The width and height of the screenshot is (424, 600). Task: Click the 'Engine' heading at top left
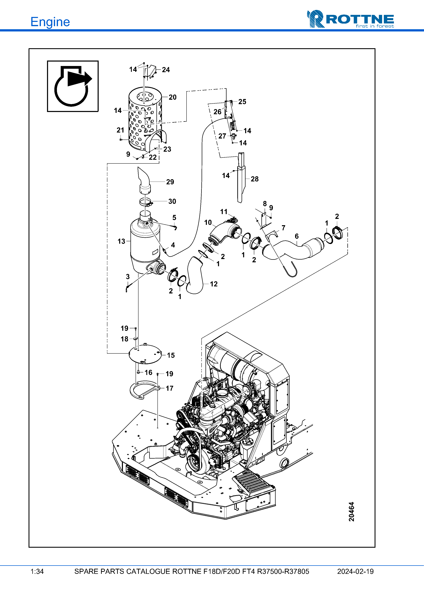click(x=50, y=22)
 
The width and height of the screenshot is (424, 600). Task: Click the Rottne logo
click(x=350, y=19)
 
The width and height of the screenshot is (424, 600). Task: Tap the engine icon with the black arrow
click(x=73, y=86)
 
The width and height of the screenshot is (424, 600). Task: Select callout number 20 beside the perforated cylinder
click(x=173, y=97)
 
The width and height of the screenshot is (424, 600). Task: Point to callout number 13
click(x=121, y=241)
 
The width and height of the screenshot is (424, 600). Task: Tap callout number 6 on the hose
click(x=296, y=236)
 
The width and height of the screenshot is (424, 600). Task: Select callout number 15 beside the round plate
click(x=171, y=355)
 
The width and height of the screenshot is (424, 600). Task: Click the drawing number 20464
click(x=351, y=512)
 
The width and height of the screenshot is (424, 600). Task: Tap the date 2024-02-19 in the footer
click(x=355, y=571)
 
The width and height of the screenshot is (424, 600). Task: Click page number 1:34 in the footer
click(x=37, y=571)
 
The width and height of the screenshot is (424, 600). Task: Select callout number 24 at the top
click(x=166, y=70)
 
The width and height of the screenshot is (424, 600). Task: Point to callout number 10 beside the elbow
click(x=208, y=222)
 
